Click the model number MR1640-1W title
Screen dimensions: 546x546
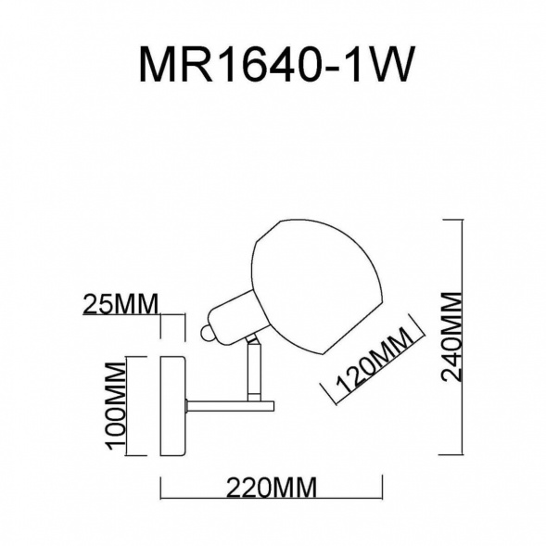click(x=277, y=64)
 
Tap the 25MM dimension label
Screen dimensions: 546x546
click(x=121, y=304)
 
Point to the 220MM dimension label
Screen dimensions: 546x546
click(x=272, y=488)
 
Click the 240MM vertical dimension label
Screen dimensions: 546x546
click(x=451, y=337)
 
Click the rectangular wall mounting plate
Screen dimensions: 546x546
click(x=172, y=406)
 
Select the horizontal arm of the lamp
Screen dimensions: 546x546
click(x=230, y=406)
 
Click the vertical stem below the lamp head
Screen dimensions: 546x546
click(x=254, y=371)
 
